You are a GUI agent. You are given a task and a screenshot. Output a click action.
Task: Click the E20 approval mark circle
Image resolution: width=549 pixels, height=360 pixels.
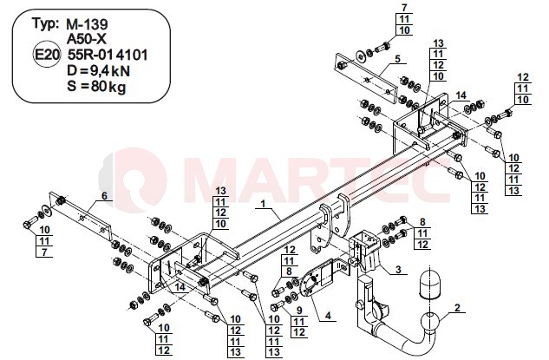pyautogui.click(x=47, y=55)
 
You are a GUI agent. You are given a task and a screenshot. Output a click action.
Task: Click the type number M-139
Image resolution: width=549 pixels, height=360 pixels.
pyautogui.click(x=88, y=24)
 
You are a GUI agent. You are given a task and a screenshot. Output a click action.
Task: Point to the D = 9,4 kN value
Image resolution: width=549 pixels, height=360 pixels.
pyautogui.click(x=98, y=71)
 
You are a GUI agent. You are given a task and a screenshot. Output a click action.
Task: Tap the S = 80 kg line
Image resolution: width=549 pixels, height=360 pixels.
pyautogui.click(x=96, y=86)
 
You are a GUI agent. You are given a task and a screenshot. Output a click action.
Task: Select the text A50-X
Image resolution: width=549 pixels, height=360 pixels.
pyautogui.click(x=87, y=39)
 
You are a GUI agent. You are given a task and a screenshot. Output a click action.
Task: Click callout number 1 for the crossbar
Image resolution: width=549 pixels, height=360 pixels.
pyautogui.click(x=263, y=204)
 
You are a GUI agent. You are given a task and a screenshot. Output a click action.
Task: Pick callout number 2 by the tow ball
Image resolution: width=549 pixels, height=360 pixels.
pyautogui.click(x=457, y=308)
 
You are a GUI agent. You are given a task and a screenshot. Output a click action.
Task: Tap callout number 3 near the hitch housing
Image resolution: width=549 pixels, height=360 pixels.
pyautogui.click(x=398, y=270)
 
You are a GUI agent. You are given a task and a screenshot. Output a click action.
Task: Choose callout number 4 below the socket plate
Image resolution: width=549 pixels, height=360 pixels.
pyautogui.click(x=328, y=316)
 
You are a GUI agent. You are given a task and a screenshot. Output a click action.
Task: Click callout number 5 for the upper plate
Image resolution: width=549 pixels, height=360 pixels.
pyautogui.click(x=397, y=58)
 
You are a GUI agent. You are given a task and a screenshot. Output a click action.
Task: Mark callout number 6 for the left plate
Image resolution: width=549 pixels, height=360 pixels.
pyautogui.click(x=104, y=196)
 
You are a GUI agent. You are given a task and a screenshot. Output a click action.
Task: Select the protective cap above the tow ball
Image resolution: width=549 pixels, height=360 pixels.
pyautogui.click(x=429, y=284)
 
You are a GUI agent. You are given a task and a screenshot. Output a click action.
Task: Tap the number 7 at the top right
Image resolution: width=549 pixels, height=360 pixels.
pyautogui.click(x=404, y=7)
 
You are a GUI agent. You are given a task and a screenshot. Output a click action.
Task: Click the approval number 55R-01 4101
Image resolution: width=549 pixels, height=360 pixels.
pyautogui.click(x=108, y=55)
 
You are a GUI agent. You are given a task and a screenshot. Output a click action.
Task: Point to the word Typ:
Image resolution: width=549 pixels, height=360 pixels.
pyautogui.click(x=45, y=23)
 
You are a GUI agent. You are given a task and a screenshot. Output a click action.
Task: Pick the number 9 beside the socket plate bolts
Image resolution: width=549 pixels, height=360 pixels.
pyautogui.click(x=298, y=310)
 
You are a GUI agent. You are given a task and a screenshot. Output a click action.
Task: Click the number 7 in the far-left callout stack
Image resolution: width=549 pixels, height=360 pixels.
pyautogui.click(x=44, y=252)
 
